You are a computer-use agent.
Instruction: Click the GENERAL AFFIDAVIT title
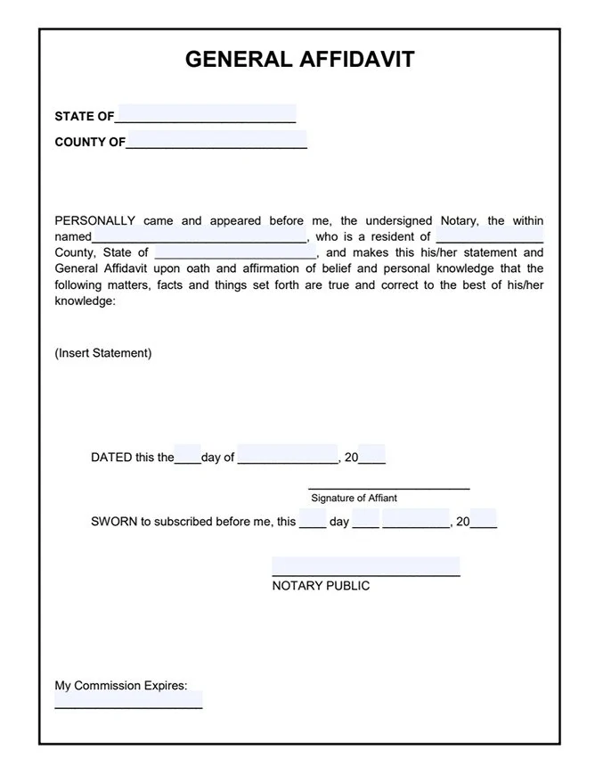coord(299,60)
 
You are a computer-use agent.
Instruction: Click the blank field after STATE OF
coord(206,113)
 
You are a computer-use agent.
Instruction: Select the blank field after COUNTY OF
coord(216,140)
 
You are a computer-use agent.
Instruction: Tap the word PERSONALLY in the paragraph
coord(94,220)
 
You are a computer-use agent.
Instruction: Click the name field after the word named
coord(199,236)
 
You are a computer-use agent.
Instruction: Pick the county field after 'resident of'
coord(489,236)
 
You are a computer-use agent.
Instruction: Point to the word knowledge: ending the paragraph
coord(85,301)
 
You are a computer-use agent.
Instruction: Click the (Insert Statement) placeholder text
coord(103,352)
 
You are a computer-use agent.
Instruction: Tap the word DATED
coord(110,458)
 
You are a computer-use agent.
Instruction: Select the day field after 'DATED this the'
coord(188,455)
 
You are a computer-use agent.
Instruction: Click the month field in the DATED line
coord(287,455)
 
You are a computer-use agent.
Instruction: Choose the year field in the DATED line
coord(372,455)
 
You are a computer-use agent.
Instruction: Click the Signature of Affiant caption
coord(354,498)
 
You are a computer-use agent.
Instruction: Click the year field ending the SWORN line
coord(483,519)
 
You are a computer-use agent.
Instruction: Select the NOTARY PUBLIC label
coord(321,586)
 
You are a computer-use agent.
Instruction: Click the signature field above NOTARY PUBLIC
coord(365,566)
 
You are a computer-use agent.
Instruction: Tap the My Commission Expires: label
coord(121,686)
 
